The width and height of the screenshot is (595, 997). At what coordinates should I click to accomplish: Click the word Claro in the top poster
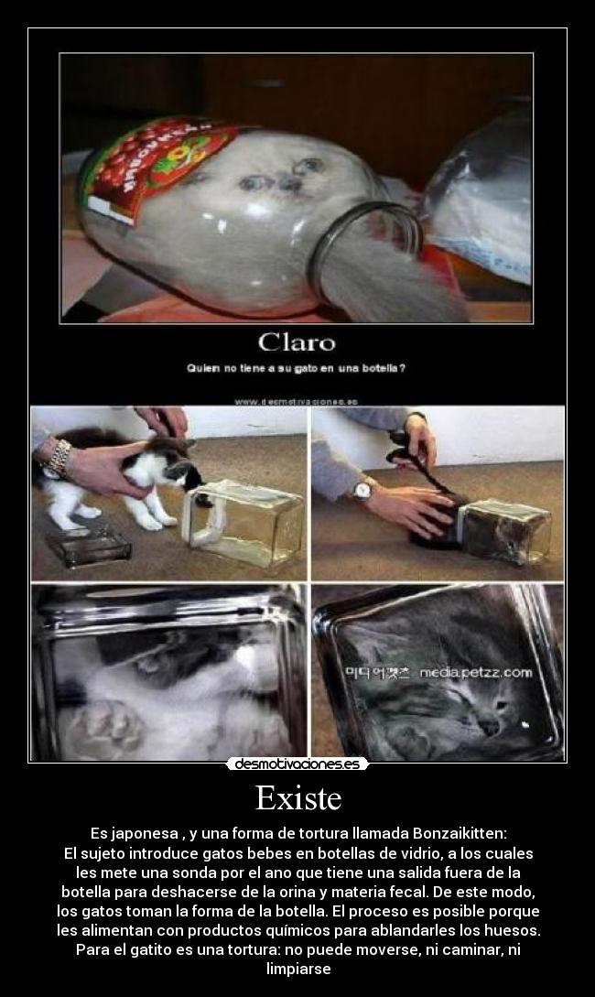point(297,343)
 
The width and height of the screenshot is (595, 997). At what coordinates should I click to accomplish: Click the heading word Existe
point(297,798)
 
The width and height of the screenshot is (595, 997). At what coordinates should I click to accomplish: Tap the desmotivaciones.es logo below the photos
point(297,764)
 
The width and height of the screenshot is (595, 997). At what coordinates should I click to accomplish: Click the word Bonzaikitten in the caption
point(449,834)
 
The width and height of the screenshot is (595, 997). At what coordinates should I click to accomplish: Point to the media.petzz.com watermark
point(475,673)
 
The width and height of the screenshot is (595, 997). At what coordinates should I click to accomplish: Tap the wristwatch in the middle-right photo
point(362,492)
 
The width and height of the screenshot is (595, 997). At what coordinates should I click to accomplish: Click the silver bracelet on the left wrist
point(58,456)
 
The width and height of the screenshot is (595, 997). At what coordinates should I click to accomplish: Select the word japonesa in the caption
point(144,834)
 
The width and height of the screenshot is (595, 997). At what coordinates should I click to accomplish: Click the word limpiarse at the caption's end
point(297,968)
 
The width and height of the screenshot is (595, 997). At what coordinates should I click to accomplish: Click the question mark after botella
point(403,369)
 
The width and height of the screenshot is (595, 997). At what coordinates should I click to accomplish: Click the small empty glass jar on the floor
point(90,547)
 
